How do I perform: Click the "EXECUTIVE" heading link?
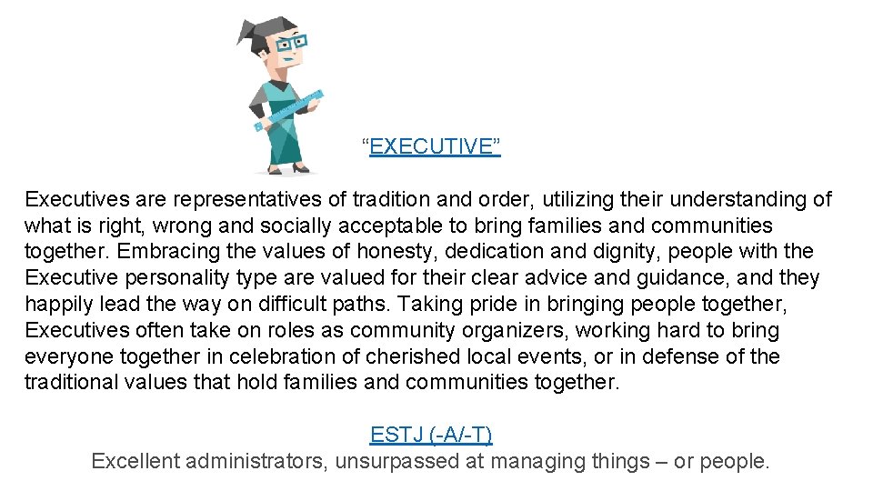coord(435,146)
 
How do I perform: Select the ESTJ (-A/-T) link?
coord(431,435)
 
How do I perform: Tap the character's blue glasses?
coord(292,43)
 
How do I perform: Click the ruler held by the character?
coord(291,110)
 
